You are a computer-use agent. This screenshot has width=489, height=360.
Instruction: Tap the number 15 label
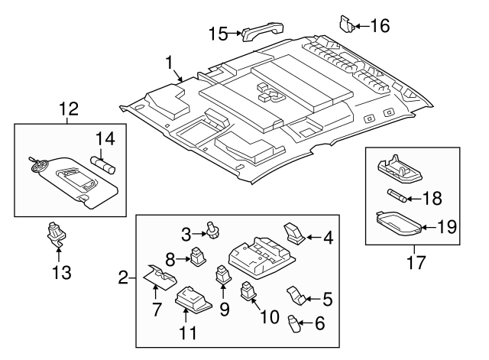[x=219, y=33]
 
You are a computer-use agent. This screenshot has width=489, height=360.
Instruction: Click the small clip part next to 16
[x=346, y=23]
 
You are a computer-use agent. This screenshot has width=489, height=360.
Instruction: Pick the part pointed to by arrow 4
[x=293, y=232]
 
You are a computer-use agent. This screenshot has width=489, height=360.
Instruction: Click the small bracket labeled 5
[x=297, y=294]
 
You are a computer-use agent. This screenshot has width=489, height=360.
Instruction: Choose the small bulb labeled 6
[x=293, y=324]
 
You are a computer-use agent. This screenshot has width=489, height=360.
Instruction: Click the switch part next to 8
[x=198, y=255]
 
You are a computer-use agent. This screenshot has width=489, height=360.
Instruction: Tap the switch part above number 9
[x=222, y=274]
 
